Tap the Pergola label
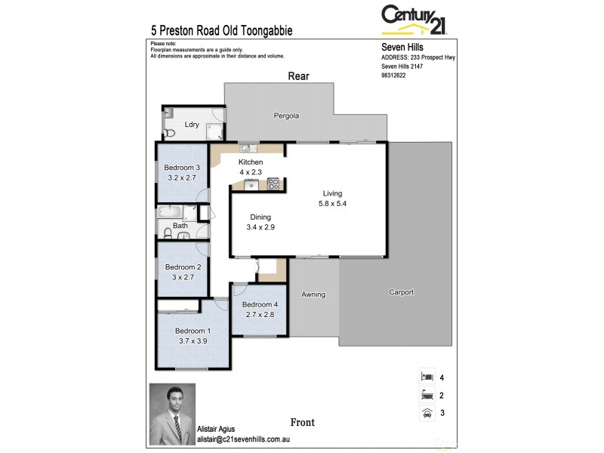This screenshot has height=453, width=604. pos(286,116)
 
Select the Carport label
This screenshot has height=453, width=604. pos(401,292)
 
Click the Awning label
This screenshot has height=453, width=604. pos(313,294)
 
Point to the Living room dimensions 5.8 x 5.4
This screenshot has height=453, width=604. pos(332,203)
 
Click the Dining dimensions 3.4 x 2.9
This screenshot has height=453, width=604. pos(260,227)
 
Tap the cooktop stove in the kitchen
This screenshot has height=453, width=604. pos(273,183)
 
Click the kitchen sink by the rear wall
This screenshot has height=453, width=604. pos(247,148)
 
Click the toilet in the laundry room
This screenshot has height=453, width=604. pos(170,133)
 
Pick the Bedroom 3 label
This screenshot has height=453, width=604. pos(182,168)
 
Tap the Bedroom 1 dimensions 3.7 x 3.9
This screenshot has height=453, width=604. pos(193,341)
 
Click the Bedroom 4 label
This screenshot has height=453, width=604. pos(259,304)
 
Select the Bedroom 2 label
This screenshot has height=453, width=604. pos(183,267)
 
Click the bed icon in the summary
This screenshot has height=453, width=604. pos(427,376)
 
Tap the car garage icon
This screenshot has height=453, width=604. pos(427,413)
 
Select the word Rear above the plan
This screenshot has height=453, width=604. pos(298,76)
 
